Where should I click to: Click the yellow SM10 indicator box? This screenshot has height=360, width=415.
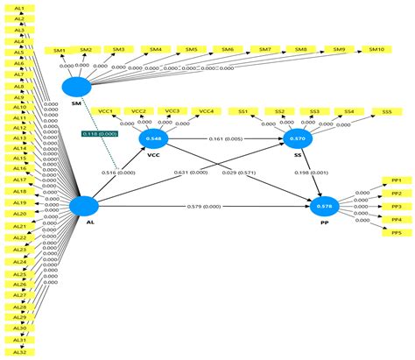click(x=377, y=50)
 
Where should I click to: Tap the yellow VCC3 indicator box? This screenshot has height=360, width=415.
click(x=173, y=111)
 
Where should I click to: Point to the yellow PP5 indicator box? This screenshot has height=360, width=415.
click(x=396, y=232)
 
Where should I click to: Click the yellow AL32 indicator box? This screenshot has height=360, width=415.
click(x=19, y=351)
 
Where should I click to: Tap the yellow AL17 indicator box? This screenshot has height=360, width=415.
click(x=19, y=180)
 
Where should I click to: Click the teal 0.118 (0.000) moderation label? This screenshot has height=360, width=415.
click(x=101, y=133)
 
